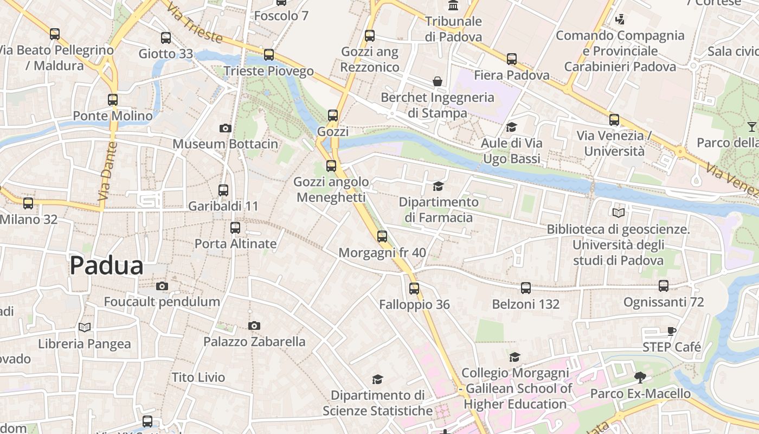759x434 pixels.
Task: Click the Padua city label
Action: click(106, 266)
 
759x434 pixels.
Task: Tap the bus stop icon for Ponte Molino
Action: click(113, 100)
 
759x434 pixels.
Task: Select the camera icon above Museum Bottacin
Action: click(226, 129)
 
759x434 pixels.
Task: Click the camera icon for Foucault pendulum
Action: click(162, 286)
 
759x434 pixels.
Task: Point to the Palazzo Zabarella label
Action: click(254, 342)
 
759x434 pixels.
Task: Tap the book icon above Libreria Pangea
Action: click(84, 328)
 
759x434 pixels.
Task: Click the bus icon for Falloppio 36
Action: click(414, 289)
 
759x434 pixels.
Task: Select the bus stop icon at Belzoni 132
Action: click(525, 288)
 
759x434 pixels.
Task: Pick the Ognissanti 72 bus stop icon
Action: click(664, 286)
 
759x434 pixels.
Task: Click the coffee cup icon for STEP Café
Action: click(672, 331)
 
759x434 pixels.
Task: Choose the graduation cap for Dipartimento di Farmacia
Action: click(438, 187)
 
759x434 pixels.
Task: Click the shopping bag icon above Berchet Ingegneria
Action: click(438, 82)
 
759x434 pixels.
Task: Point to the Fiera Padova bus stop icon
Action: click(512, 59)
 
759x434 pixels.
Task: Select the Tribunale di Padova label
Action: click(453, 29)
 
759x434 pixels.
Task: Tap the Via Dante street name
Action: click(108, 171)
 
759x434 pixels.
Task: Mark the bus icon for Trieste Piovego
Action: click(269, 55)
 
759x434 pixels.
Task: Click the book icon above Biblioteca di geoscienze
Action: click(618, 213)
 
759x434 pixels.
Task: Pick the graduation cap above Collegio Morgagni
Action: click(514, 357)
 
